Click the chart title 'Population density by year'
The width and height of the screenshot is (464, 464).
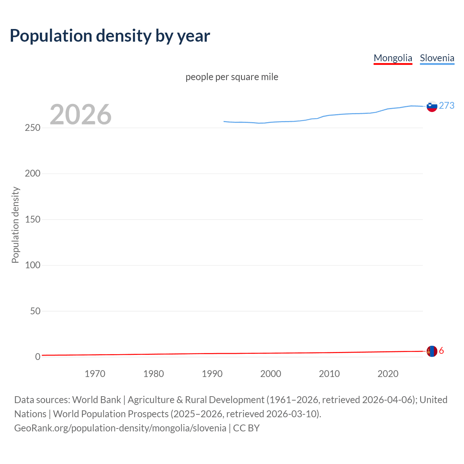tap(110, 36)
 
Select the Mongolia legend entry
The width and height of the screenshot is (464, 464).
tap(393, 58)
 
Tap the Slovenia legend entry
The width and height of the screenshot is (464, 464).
tap(437, 58)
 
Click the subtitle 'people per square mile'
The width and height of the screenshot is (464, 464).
tap(232, 77)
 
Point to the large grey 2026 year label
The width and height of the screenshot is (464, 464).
tap(80, 115)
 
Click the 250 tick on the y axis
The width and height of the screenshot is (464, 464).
tap(32, 128)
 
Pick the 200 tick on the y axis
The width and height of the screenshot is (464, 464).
tap(32, 174)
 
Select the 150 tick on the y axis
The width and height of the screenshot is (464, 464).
tap(32, 219)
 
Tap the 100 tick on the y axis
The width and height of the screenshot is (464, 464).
tap(32, 265)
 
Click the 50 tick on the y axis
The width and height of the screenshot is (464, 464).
tap(35, 311)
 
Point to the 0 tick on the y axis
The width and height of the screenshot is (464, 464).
tap(38, 357)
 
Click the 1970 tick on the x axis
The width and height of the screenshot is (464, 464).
tap(95, 374)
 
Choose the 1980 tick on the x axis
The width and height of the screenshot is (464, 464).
tap(153, 374)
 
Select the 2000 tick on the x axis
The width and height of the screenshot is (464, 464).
tap(270, 374)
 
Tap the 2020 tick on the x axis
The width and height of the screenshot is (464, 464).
tap(388, 374)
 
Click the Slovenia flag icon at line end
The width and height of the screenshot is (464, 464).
tap(432, 106)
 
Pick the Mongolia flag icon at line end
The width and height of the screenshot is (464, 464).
tap(432, 351)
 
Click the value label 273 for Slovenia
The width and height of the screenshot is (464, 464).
tap(447, 105)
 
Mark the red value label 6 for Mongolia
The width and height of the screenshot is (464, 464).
tap(441, 351)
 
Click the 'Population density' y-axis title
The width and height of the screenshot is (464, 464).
tap(15, 225)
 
